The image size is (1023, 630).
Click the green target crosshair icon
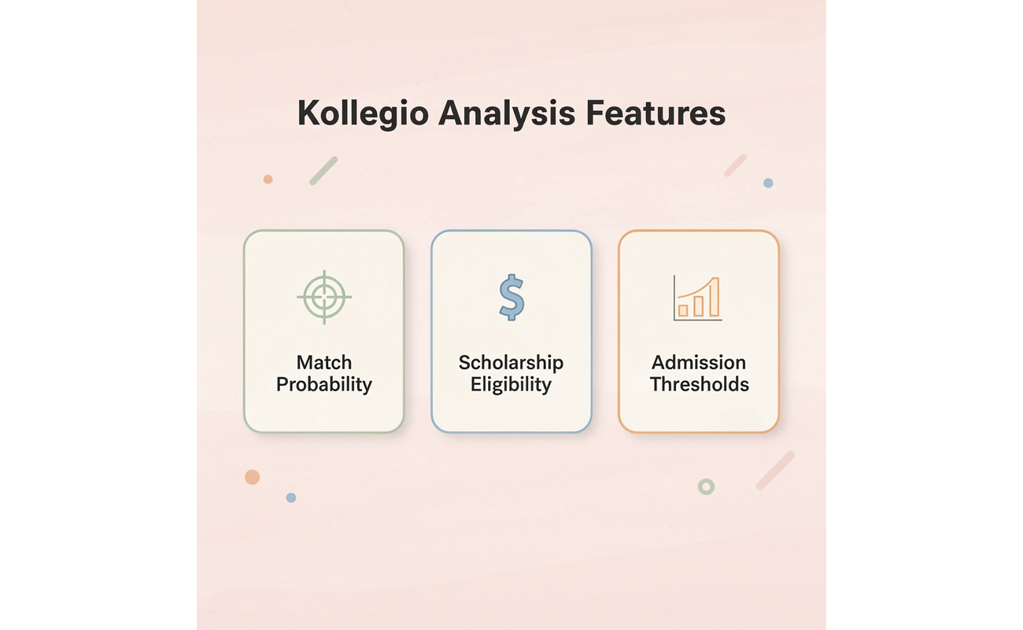point(323,297)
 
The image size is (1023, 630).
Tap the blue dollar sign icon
point(511,297)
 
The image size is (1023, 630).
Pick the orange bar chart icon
point(698,298)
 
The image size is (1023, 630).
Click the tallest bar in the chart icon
point(714,298)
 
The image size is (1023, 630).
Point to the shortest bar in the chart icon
point(683,309)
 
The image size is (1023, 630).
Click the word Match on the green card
point(323,362)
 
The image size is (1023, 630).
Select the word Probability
point(323,384)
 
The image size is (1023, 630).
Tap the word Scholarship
point(511,362)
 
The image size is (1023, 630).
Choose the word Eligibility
point(511,384)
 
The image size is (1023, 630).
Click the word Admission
point(699,362)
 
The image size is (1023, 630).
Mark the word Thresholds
point(699,384)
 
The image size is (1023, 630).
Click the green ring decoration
point(706,487)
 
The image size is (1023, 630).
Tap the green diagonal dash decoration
point(323,170)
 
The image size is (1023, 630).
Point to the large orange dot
point(252,476)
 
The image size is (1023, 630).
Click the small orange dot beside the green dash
point(268,180)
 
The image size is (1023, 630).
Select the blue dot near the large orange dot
point(291,498)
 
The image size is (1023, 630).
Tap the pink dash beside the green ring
point(775,470)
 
